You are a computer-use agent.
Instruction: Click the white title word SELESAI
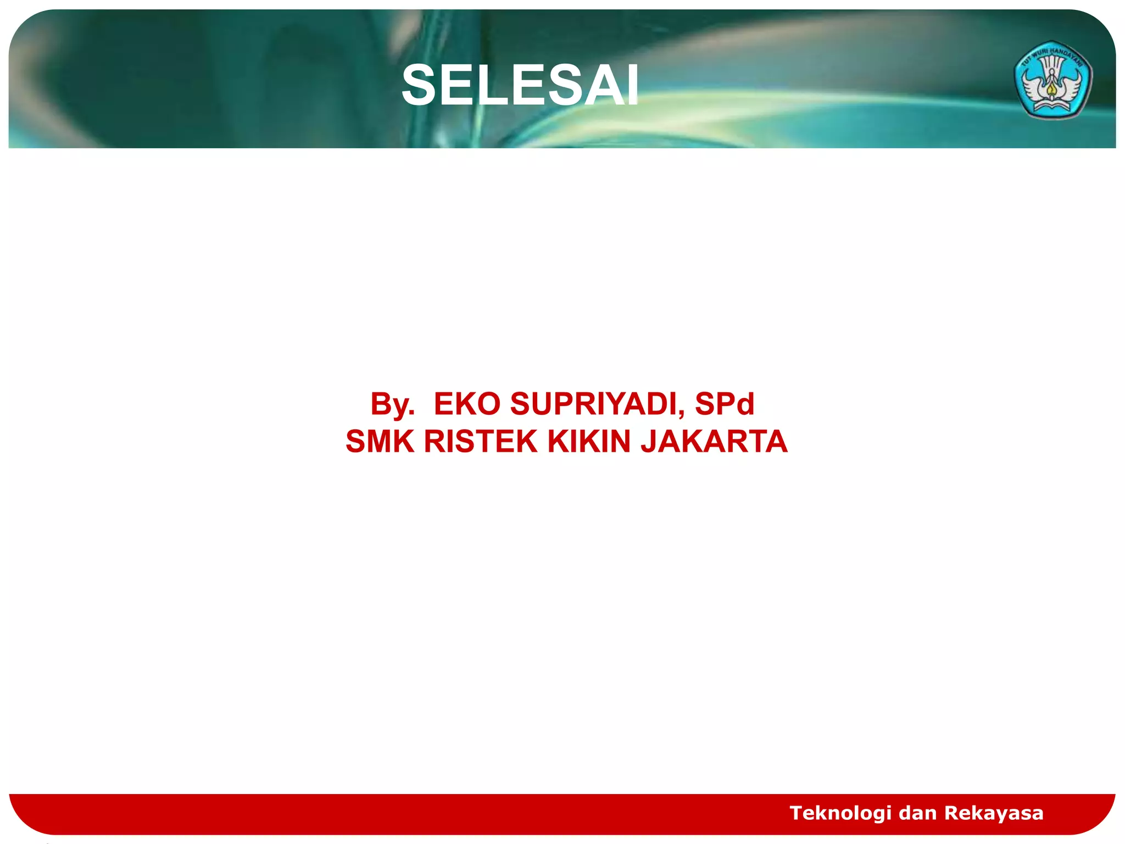click(520, 86)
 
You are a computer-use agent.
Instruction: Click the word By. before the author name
click(392, 404)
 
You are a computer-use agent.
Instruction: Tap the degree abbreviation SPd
click(725, 404)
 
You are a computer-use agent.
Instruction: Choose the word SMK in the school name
click(380, 442)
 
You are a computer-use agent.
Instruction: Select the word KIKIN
click(589, 442)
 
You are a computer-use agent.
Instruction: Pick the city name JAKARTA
click(714, 442)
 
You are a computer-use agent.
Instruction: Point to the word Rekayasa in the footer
click(994, 813)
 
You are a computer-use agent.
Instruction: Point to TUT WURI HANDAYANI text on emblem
click(1052, 55)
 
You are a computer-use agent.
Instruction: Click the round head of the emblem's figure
click(1052, 71)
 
